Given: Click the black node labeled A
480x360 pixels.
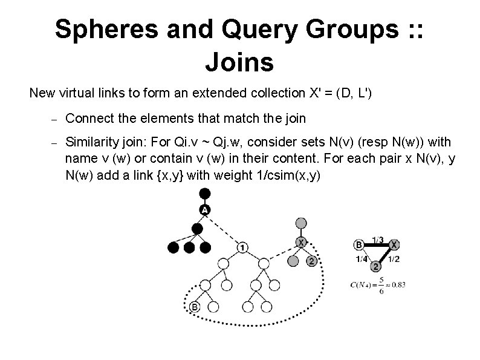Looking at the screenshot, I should pyautogui.click(x=204, y=209).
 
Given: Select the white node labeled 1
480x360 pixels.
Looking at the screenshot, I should pyautogui.click(x=242, y=247).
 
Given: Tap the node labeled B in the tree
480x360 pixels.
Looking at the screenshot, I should pyautogui.click(x=194, y=307).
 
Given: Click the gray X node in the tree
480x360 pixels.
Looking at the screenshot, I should pyautogui.click(x=300, y=242).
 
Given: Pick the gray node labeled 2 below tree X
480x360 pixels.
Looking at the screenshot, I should pyautogui.click(x=311, y=261).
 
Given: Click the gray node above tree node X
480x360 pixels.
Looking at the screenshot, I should pyautogui.click(x=301, y=223).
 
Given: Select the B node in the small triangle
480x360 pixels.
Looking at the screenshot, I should pyautogui.click(x=358, y=245).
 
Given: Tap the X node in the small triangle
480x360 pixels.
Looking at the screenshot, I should pyautogui.click(x=394, y=245).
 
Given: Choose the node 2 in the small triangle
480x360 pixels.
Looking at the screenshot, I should pyautogui.click(x=376, y=266).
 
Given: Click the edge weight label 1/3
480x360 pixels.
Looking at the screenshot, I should pyautogui.click(x=377, y=240).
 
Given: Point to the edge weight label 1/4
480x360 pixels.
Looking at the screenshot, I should pyautogui.click(x=362, y=259).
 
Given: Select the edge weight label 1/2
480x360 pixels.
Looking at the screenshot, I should pyautogui.click(x=393, y=259).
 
